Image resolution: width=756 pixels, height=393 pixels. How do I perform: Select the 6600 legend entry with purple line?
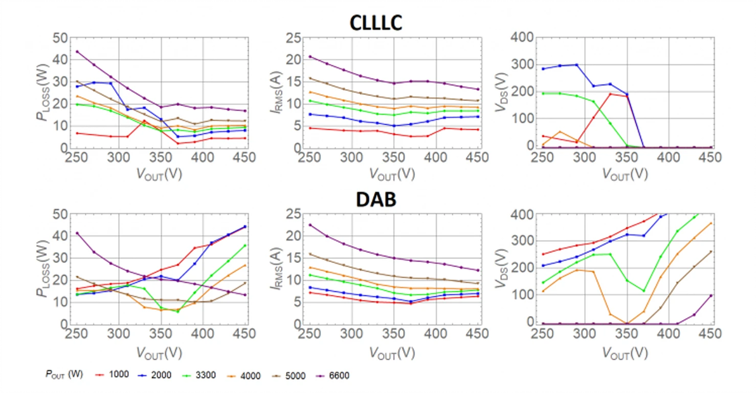[x=339, y=375]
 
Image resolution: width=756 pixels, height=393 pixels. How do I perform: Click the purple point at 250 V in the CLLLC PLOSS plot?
[x=77, y=51]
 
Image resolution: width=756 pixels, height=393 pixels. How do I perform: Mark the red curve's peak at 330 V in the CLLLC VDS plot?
[x=610, y=94]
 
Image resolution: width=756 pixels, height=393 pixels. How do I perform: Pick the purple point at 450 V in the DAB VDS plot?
[x=711, y=295]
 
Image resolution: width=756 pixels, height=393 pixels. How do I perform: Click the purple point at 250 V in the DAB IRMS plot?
[x=310, y=225]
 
